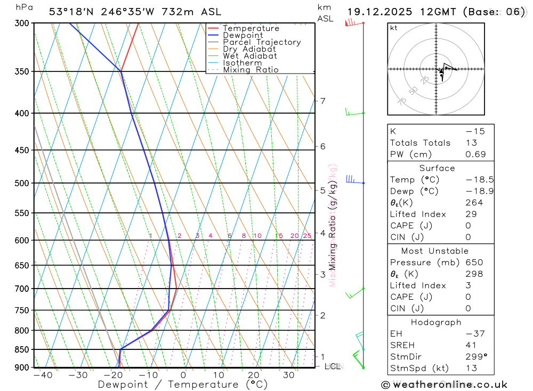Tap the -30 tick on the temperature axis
coord(78,375)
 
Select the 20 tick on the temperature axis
coord(254,375)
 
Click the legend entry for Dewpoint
coord(243,35)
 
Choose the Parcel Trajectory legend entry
coord(261,42)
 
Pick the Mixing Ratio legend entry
coord(251,70)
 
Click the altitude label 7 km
coord(322,101)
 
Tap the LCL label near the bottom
coord(332,366)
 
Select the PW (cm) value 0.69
coord(475,154)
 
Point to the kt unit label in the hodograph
coord(393,28)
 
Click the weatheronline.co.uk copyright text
coord(444,384)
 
